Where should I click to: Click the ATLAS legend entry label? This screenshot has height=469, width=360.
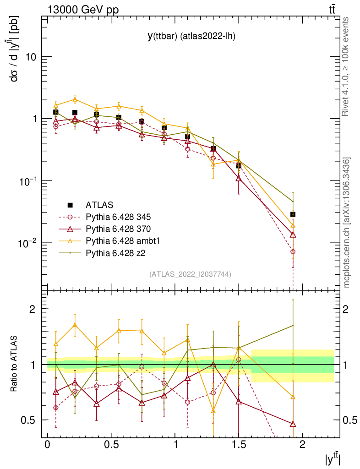(99, 205)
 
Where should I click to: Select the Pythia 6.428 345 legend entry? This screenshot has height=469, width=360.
(119, 216)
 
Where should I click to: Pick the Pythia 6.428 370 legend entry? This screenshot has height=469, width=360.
(119, 228)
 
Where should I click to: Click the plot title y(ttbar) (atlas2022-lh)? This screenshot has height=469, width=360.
(191, 37)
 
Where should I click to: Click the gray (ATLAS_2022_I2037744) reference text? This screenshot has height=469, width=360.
(190, 274)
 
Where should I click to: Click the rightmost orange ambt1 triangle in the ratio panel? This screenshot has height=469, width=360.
(293, 397)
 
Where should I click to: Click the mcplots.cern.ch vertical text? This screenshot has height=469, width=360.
(347, 223)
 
